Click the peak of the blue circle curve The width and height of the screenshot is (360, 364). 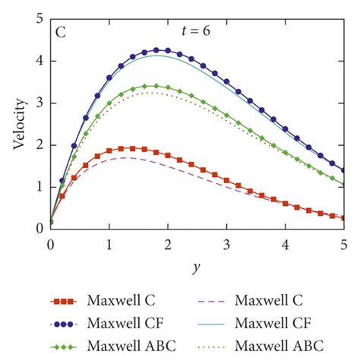coord(156,50)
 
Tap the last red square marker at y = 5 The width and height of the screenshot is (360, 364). coord(343,218)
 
